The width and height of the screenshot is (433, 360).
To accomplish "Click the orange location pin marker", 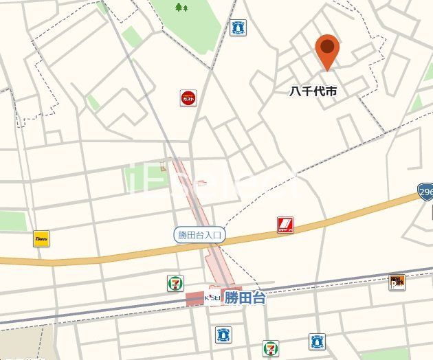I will (329, 53).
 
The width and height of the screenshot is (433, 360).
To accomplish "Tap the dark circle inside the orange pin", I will (329, 47).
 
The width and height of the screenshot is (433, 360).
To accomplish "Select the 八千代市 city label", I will (318, 89).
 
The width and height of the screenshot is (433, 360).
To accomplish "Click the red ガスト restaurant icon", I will (188, 99).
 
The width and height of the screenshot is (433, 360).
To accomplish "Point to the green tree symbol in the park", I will (181, 8).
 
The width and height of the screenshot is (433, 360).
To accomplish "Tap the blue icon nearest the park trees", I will (238, 27).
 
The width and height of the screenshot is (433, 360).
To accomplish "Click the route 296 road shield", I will (425, 191).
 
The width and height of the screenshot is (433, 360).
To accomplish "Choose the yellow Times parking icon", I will (41, 240).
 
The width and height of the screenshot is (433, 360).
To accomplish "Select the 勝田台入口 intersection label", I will (200, 235).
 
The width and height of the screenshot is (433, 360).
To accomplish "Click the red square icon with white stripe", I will (285, 225).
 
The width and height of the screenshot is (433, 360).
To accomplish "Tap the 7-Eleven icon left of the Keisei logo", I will (176, 282).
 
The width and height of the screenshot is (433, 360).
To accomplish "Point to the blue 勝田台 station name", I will (245, 298).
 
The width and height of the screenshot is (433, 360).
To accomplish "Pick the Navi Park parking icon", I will (397, 282).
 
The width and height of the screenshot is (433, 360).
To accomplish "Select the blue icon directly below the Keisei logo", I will (222, 335).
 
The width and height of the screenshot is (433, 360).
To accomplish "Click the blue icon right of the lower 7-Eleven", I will (316, 341).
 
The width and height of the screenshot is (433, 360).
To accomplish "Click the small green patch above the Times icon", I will (12, 220).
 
